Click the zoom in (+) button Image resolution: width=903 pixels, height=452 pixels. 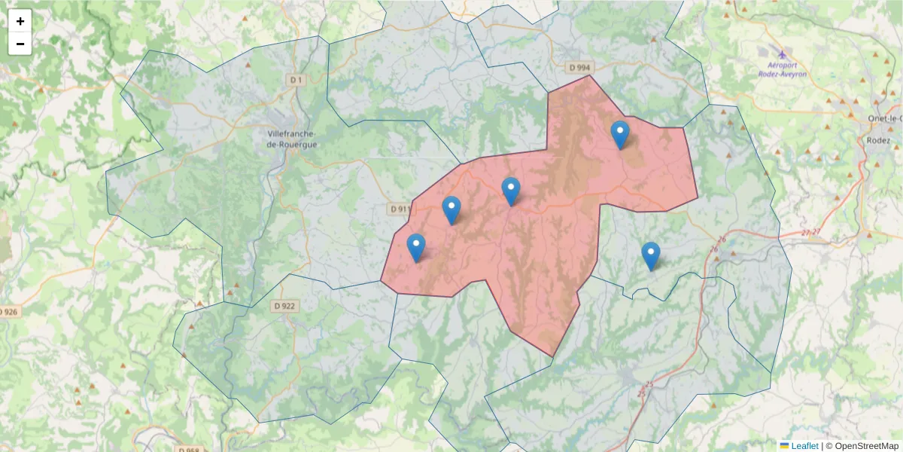[x=20, y=21]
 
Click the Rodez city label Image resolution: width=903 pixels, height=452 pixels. [x=878, y=140]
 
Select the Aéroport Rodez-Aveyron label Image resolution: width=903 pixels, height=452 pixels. [x=782, y=69]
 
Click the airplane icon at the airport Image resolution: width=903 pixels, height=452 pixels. [x=783, y=54]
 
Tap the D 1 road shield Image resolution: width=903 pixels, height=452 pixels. [x=296, y=79]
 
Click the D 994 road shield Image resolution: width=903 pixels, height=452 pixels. [x=579, y=68]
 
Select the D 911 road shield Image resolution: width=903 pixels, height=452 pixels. [x=400, y=209]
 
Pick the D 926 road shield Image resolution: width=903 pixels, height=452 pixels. [x=8, y=312]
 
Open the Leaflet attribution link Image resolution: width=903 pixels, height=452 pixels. [x=804, y=446]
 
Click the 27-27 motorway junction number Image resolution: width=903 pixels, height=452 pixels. [x=811, y=233]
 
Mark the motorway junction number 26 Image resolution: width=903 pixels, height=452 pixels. [x=722, y=240]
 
